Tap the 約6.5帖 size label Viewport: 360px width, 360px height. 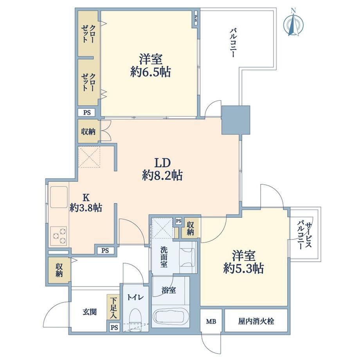click(x=150, y=72)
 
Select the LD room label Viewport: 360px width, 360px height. click(x=162, y=162)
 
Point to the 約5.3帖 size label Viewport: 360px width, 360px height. click(x=244, y=268)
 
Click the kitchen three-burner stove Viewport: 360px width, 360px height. click(x=59, y=236)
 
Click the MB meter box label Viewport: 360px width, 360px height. click(x=211, y=321)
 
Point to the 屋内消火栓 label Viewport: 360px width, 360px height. click(x=256, y=321)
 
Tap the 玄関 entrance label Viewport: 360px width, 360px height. click(x=90, y=312)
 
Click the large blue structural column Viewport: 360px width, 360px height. click(x=236, y=120)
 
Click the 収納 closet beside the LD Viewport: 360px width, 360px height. click(x=88, y=131)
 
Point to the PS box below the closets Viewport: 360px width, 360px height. click(x=87, y=113)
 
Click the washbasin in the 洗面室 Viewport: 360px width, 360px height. click(x=187, y=257)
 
